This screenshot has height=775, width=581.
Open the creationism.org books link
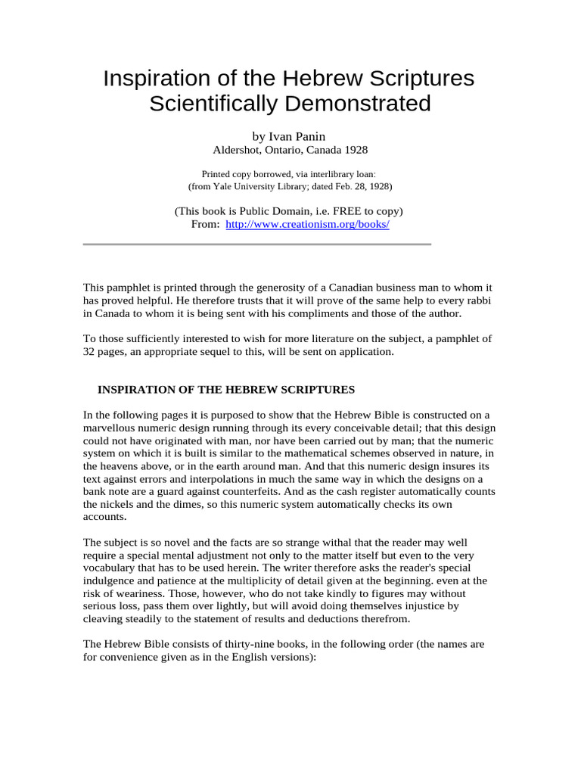tap(307, 225)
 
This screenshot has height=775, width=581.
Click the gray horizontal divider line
tap(256, 244)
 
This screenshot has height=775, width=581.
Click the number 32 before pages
tap(89, 352)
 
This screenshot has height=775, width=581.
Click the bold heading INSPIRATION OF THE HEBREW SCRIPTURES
tap(226, 389)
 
